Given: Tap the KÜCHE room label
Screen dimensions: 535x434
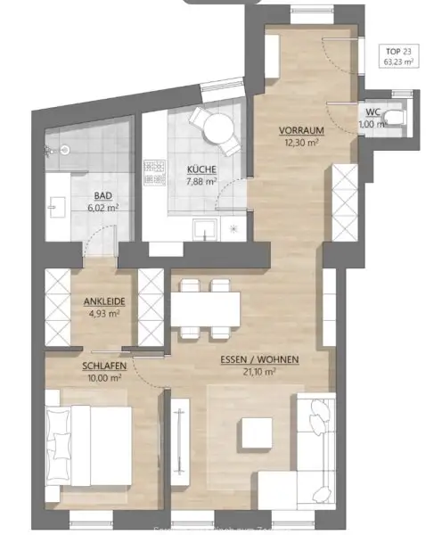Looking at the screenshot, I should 202,169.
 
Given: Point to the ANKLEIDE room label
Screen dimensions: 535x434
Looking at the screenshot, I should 104,301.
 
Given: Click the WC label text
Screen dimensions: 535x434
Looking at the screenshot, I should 372,112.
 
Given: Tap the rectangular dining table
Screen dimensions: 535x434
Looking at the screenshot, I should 205,309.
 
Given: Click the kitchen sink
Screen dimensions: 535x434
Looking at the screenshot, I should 205,229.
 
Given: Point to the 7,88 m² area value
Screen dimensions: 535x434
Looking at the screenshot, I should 202,182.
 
